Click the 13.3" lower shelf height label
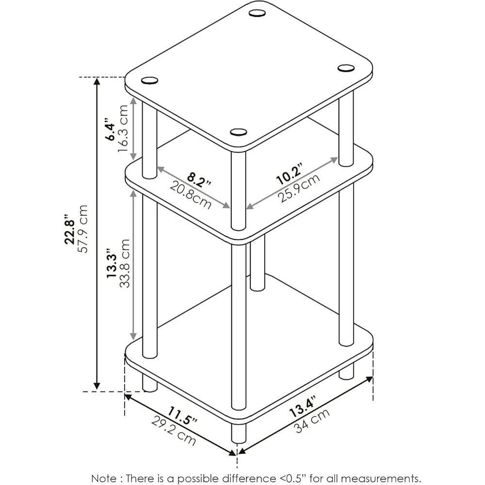111,264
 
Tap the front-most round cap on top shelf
238,131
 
